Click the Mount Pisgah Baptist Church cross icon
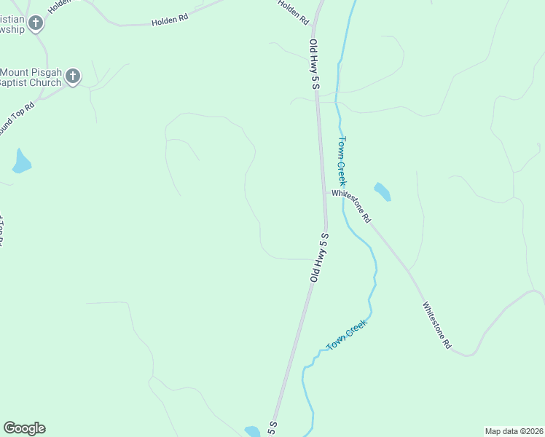(x=72, y=76)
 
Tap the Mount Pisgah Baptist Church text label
(x=31, y=77)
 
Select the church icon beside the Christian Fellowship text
(x=35, y=23)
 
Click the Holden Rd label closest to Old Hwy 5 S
(x=294, y=13)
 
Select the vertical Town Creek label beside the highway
(x=341, y=161)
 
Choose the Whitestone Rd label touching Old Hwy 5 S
(x=352, y=206)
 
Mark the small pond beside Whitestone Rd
(x=383, y=192)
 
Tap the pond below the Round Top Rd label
(x=22, y=162)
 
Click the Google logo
(x=24, y=428)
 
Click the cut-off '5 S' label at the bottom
(x=273, y=428)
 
